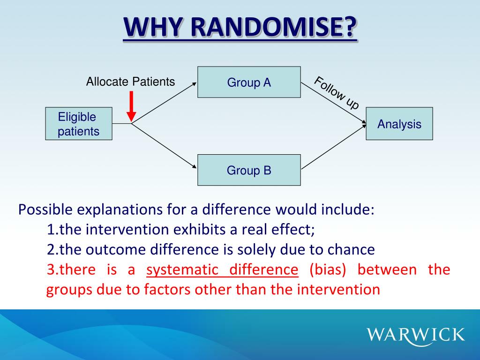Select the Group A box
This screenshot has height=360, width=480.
pyautogui.click(x=249, y=82)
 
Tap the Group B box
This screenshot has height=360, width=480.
pyautogui.click(x=249, y=170)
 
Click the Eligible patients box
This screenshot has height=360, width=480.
pyautogui.click(x=79, y=124)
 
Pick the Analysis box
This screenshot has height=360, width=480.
pyautogui.click(x=399, y=124)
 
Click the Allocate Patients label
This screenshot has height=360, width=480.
pyautogui.click(x=130, y=82)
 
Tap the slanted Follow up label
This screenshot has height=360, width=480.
pyautogui.click(x=336, y=93)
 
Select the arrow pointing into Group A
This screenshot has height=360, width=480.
pyautogui.click(x=164, y=103)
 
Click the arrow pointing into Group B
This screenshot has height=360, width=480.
pyautogui.click(x=164, y=146)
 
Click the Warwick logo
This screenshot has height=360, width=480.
pyautogui.click(x=416, y=335)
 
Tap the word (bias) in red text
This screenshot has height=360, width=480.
pyautogui.click(x=327, y=270)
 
